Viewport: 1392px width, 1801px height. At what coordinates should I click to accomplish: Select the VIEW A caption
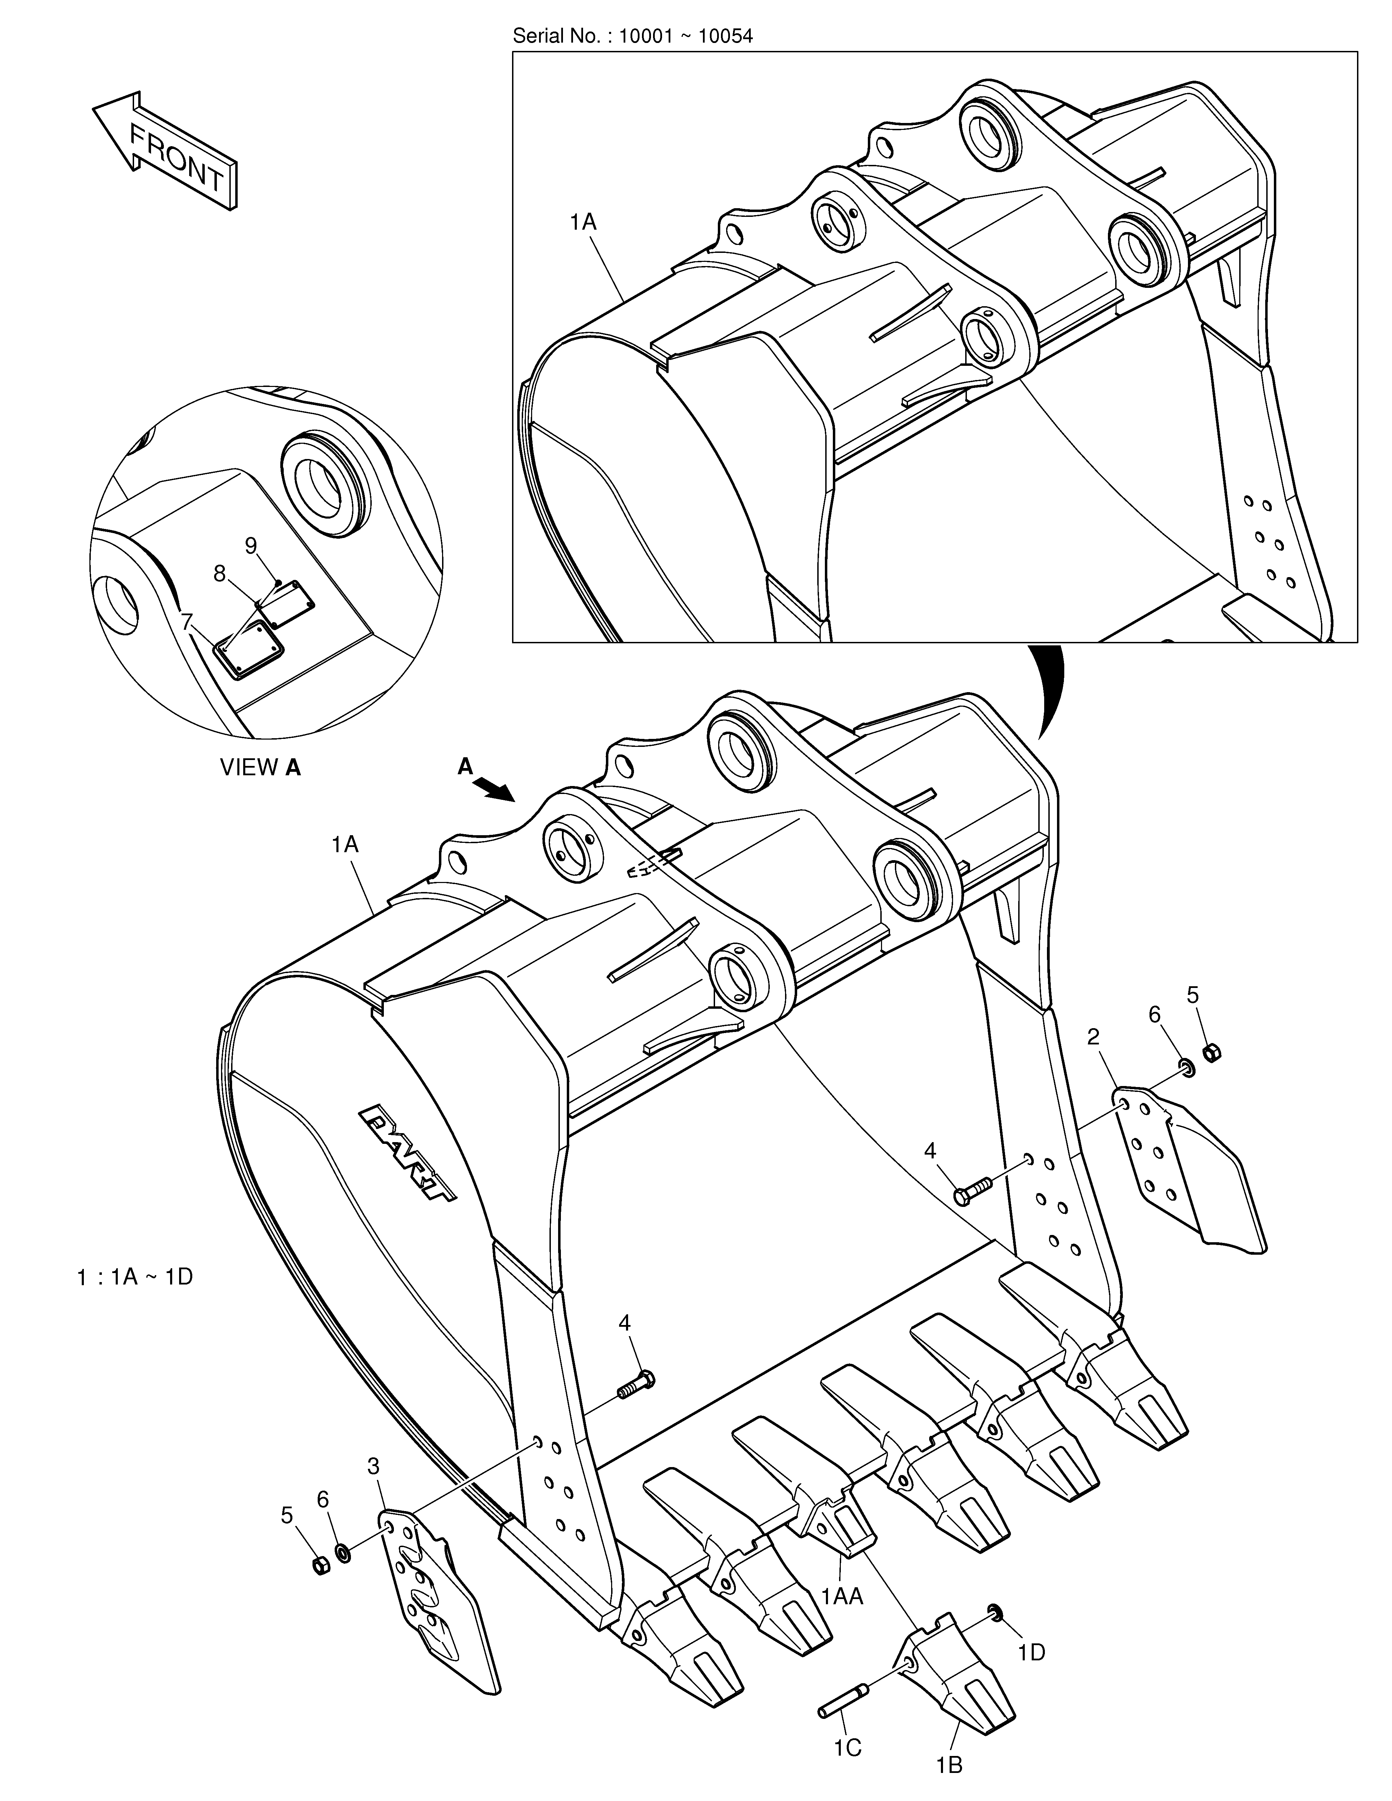260,768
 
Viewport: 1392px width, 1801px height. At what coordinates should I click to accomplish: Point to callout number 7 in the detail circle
188,619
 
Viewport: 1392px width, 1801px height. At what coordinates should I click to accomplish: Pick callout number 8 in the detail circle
219,573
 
